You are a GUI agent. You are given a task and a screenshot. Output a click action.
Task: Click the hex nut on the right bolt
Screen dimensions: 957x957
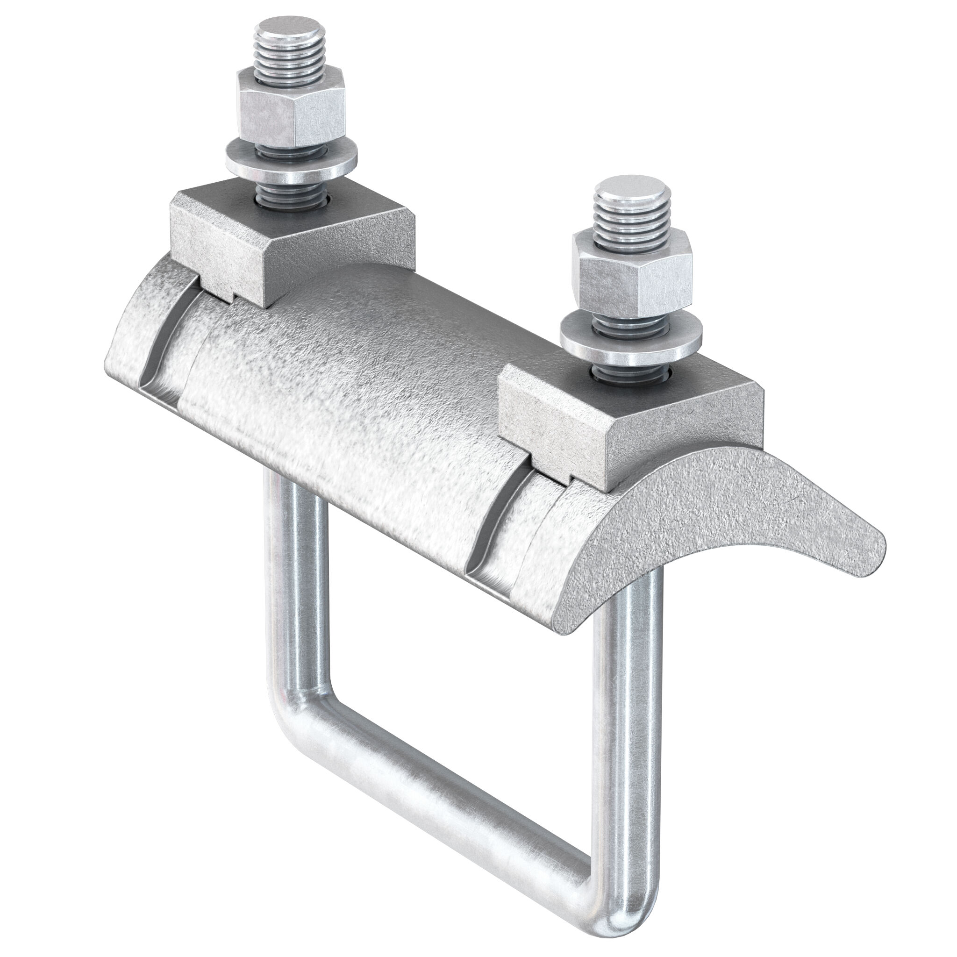(630, 281)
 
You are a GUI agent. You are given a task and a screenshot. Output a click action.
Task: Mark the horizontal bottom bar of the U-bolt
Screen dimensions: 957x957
(446, 812)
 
